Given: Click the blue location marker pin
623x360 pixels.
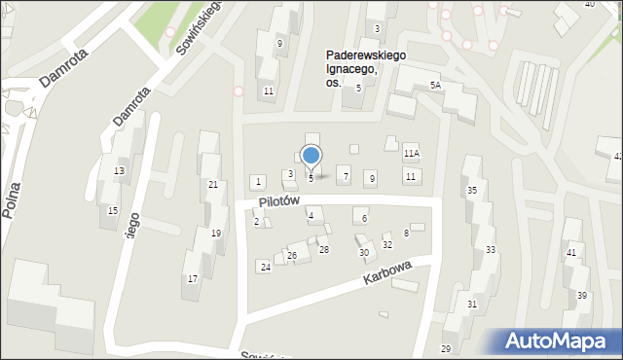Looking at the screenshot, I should coord(311,157).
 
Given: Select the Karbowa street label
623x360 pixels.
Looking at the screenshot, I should coord(388,272).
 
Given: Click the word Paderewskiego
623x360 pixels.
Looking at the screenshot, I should coord(366,56).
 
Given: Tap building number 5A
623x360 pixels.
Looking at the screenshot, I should coord(435,86).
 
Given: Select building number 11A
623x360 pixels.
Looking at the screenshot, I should coord(412,153).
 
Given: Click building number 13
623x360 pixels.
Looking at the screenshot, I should coord(119,171).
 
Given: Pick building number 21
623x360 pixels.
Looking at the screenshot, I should coord(213,184).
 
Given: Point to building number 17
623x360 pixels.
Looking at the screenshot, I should coord(193,279).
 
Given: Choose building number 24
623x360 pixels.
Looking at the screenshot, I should coord(265,267).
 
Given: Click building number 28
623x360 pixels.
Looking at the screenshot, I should coord(324,250).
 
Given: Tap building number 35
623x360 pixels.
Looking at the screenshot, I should coord(472,190).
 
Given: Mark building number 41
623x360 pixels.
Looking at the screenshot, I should coord(571,253).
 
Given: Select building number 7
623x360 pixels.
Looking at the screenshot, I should coord(346,176).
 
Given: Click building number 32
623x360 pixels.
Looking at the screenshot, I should coord(386,245).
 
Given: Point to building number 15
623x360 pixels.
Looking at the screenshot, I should coord(113,211).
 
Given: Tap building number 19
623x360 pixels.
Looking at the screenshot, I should coord(216,233).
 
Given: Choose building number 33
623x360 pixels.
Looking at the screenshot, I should coord(491,250).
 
